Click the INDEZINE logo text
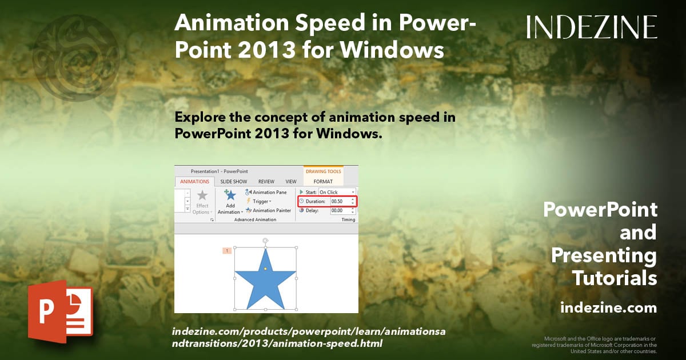(592, 27)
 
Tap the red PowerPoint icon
(60, 311)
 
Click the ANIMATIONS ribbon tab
(194, 182)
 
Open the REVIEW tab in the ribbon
(266, 182)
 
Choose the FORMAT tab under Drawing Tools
(323, 182)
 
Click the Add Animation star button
(230, 196)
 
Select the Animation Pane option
(266, 193)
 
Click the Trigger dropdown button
(258, 201)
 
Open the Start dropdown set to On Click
(337, 193)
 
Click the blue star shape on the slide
(265, 283)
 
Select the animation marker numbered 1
(227, 251)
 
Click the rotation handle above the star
(265, 241)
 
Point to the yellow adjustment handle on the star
(265, 269)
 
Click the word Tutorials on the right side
(615, 278)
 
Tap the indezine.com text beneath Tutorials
(608, 308)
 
